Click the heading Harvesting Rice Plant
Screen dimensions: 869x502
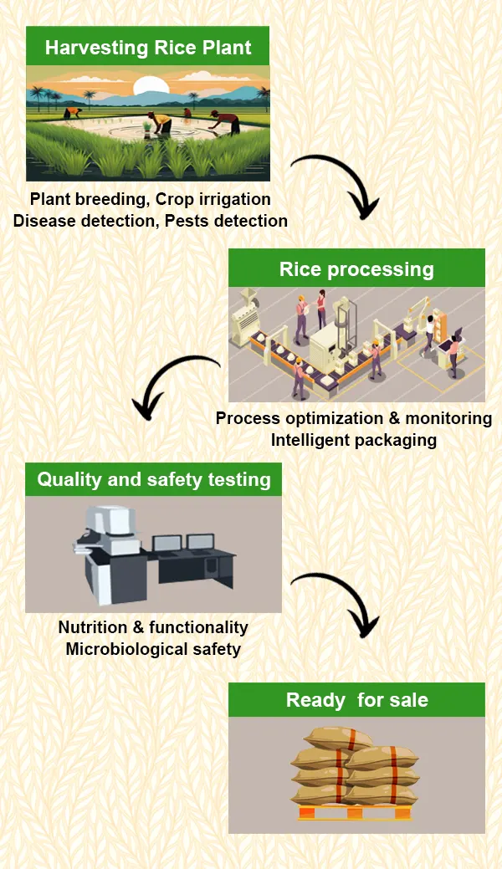point(148,47)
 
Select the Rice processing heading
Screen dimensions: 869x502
point(356,269)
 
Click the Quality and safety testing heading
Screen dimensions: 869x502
point(154,480)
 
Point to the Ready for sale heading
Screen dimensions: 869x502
point(356,700)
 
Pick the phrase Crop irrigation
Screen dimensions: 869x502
point(213,200)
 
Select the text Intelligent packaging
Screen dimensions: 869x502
point(353,439)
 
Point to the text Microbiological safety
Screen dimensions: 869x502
point(153,649)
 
